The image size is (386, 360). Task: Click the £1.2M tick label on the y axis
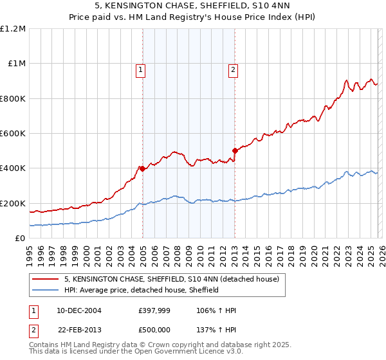pos(13,29)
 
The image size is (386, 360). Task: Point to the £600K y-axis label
pos(13,134)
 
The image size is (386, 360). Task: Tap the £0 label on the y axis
pos(21,239)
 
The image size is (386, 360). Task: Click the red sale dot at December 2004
pos(142,169)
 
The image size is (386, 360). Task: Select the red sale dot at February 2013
pos(235,151)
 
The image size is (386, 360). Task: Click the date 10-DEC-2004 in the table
pos(79,310)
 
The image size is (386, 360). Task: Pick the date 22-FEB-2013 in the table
pos(79,330)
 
